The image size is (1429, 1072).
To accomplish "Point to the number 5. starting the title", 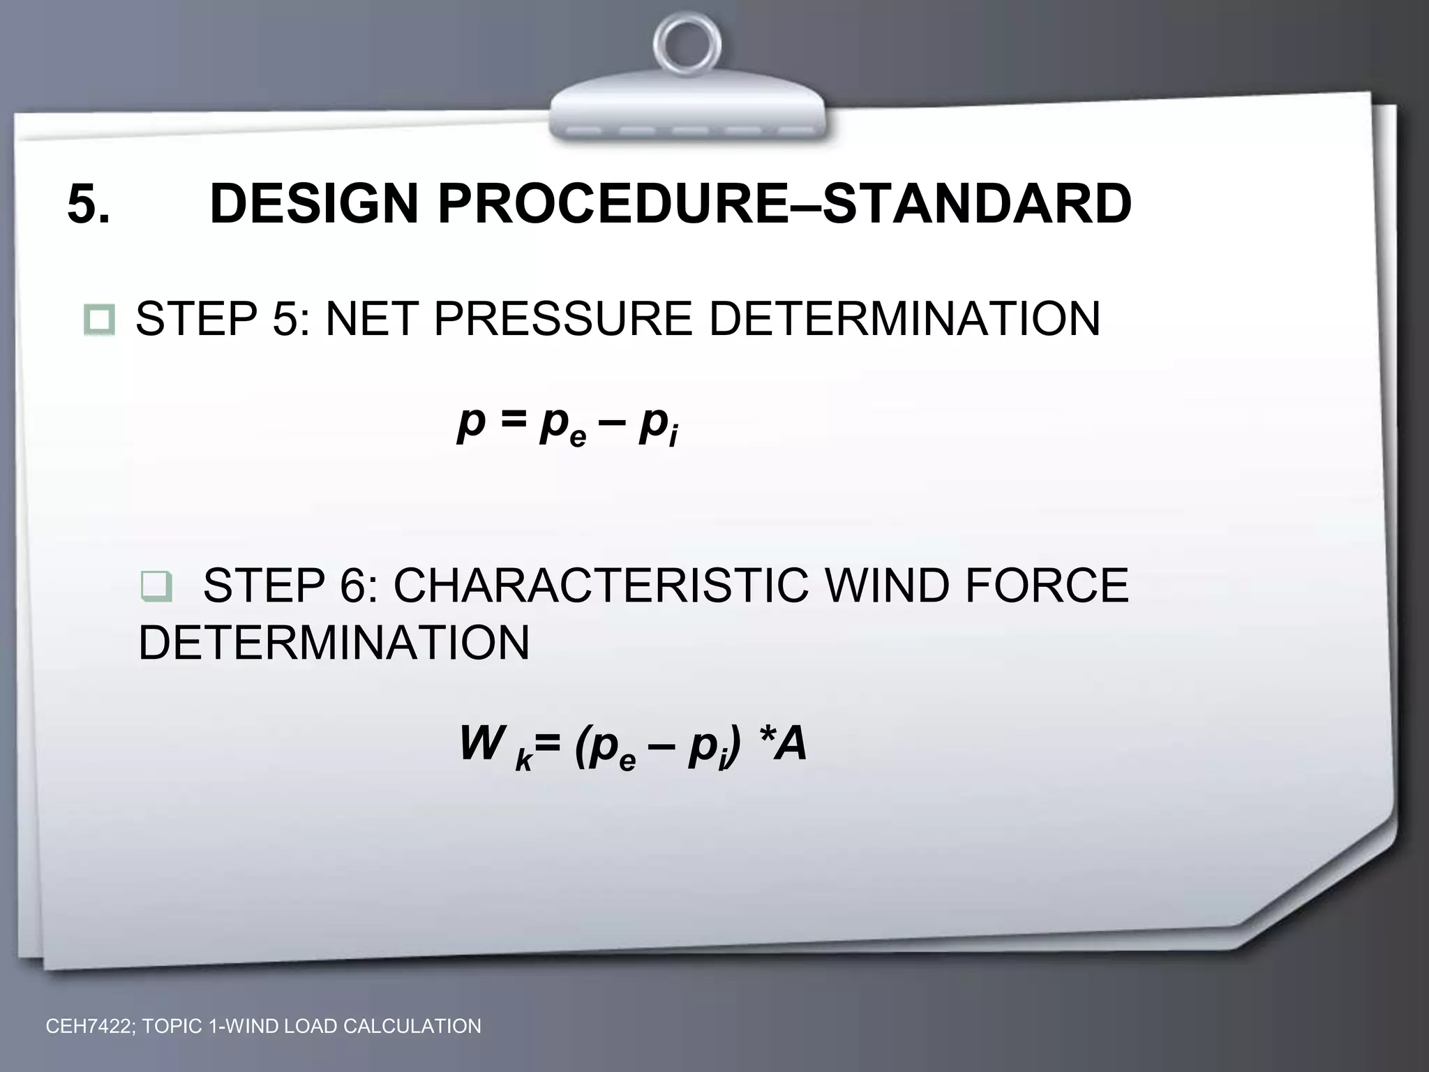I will [x=88, y=204].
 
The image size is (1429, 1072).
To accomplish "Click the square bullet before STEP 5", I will [x=99, y=320].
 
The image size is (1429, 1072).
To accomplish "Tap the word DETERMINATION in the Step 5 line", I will [x=904, y=319].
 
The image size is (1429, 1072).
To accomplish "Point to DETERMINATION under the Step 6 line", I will [x=334, y=643].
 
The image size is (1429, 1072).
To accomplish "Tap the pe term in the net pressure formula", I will [x=562, y=425].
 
